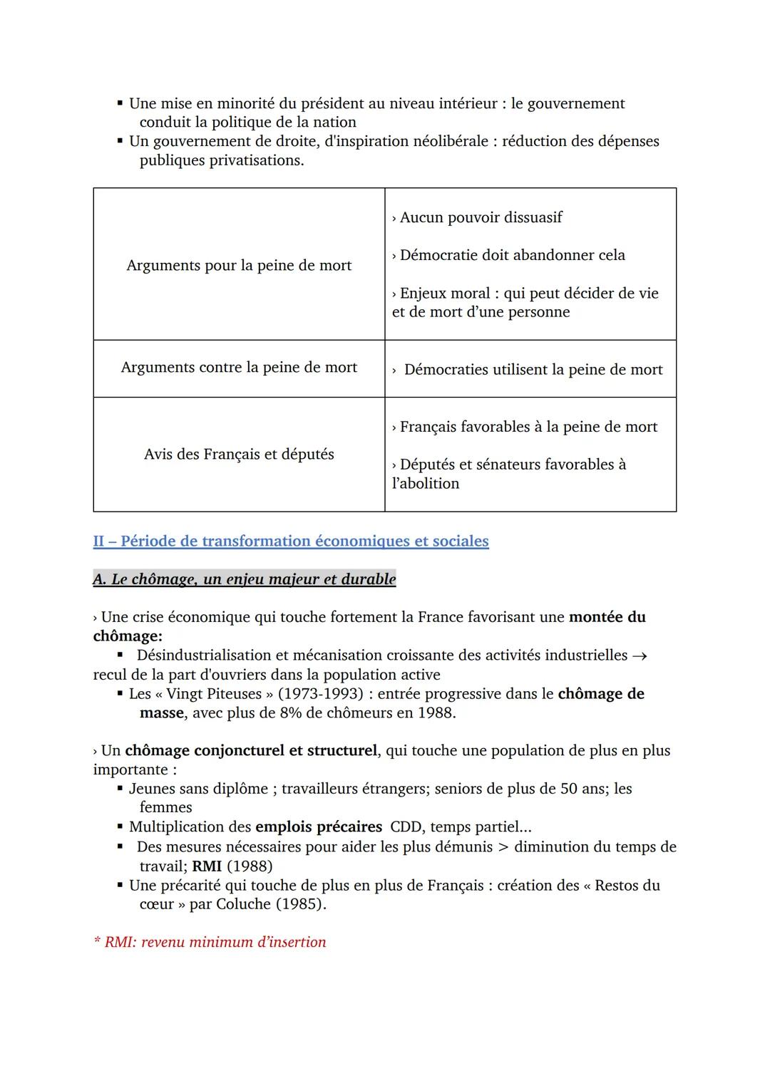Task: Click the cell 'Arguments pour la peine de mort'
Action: pos(239,266)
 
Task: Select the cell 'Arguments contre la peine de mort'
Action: pos(239,368)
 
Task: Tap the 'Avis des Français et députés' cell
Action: pos(239,455)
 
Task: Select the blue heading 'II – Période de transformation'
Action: pos(291,542)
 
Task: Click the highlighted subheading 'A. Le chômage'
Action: pos(244,579)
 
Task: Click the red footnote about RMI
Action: pos(210,942)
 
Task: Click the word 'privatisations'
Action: pos(256,160)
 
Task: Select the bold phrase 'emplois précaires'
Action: pos(319,827)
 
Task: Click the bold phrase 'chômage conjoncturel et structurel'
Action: pos(251,751)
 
